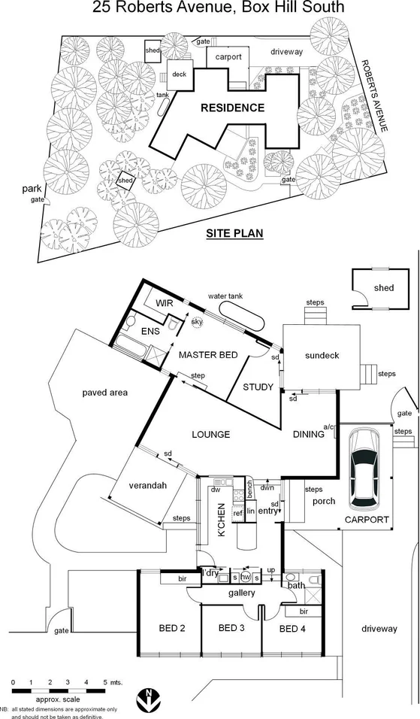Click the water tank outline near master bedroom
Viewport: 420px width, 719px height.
point(239,316)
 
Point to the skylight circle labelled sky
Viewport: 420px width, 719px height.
point(197,322)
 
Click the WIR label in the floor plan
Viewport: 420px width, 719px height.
point(165,302)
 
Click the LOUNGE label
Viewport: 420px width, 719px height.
point(210,434)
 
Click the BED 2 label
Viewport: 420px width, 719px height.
point(172,628)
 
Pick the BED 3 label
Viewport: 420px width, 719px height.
point(232,628)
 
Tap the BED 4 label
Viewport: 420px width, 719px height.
point(293,628)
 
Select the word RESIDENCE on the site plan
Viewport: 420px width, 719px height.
point(232,108)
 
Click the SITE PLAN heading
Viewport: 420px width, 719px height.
point(234,233)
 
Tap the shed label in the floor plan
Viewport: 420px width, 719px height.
point(383,288)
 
